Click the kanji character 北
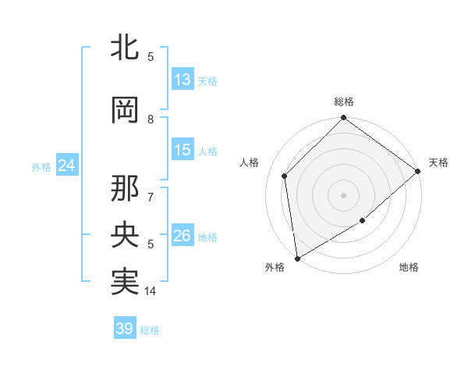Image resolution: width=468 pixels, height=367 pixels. pyautogui.click(x=125, y=48)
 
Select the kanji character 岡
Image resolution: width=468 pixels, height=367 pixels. pyautogui.click(x=125, y=111)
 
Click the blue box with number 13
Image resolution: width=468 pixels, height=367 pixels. pyautogui.click(x=183, y=80)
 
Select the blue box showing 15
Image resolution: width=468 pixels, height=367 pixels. pyautogui.click(x=183, y=150)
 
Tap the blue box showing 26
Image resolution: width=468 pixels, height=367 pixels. pyautogui.click(x=183, y=236)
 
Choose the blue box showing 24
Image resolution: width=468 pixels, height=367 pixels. pyautogui.click(x=66, y=166)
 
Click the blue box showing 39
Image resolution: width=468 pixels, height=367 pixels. pyautogui.click(x=125, y=329)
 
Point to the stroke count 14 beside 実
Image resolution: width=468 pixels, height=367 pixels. pyautogui.click(x=151, y=291)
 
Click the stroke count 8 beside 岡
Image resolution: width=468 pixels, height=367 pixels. pyautogui.click(x=151, y=119)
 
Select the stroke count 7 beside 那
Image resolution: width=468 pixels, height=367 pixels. pyautogui.click(x=151, y=188)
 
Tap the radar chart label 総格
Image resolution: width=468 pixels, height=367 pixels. pyautogui.click(x=344, y=102)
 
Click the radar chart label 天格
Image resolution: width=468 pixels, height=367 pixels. pyautogui.click(x=438, y=162)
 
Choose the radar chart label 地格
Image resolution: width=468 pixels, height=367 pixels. pyautogui.click(x=409, y=268)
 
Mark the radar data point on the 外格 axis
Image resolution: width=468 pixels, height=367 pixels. pyautogui.click(x=297, y=258)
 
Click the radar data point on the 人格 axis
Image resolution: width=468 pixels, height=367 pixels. pyautogui.click(x=285, y=176)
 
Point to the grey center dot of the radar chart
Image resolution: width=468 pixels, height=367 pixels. pyautogui.click(x=343, y=194)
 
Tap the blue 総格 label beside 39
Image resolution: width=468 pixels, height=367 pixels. pyautogui.click(x=150, y=330)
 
